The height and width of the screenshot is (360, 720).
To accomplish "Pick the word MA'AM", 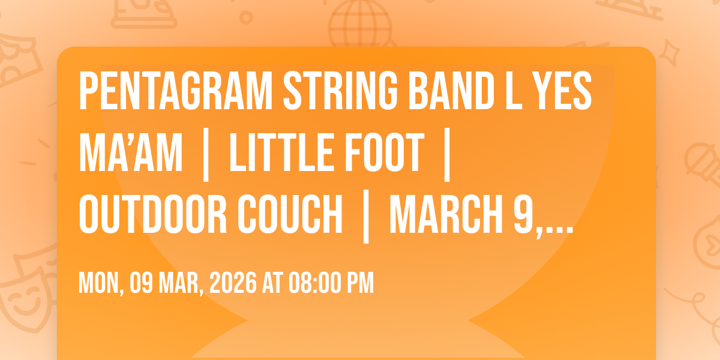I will (x=130, y=154).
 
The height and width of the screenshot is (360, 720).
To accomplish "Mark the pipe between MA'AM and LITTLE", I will (x=206, y=154).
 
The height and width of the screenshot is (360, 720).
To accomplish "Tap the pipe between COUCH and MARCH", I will (x=365, y=215).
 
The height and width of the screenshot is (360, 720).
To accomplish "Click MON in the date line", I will (x=98, y=282).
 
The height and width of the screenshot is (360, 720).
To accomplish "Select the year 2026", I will (x=233, y=282).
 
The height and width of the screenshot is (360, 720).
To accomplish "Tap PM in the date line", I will (x=361, y=282).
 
